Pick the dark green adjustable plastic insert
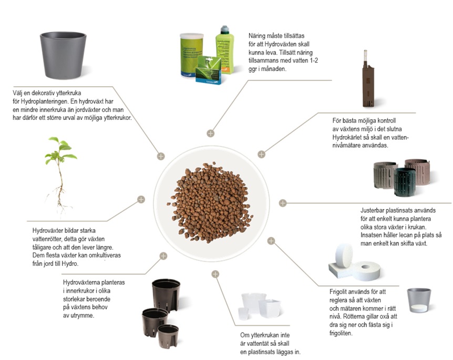tap(405, 182)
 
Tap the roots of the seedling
tap(59, 199)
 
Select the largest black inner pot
tap(166, 295)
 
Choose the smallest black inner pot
tap(168, 336)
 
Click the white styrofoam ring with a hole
tap(365, 271)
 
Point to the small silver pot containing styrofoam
tap(419, 300)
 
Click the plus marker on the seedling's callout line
tap(141, 199)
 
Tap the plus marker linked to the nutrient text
tap(210, 133)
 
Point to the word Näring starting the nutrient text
tap(258, 36)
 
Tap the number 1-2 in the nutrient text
tap(313, 60)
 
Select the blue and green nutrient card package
tap(208, 70)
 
